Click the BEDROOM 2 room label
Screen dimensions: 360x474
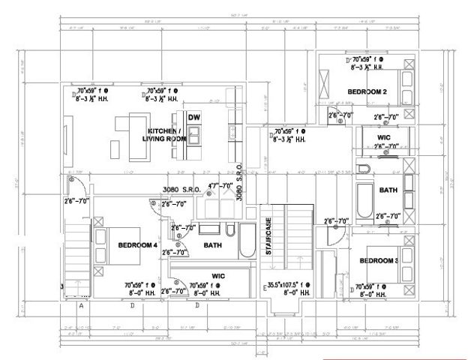pos(367,91)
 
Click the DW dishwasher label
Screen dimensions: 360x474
pos(193,117)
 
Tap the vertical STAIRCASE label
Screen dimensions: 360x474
pos(268,239)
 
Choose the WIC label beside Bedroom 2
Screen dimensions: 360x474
pos(383,138)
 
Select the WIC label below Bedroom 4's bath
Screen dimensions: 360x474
pos(218,276)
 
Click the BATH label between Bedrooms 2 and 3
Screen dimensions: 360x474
pos(388,190)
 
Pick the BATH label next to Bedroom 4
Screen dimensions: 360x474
pos(212,245)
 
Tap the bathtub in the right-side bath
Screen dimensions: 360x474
pos(365,199)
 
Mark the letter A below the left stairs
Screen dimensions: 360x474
pos(80,305)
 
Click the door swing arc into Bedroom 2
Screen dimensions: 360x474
pos(337,115)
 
